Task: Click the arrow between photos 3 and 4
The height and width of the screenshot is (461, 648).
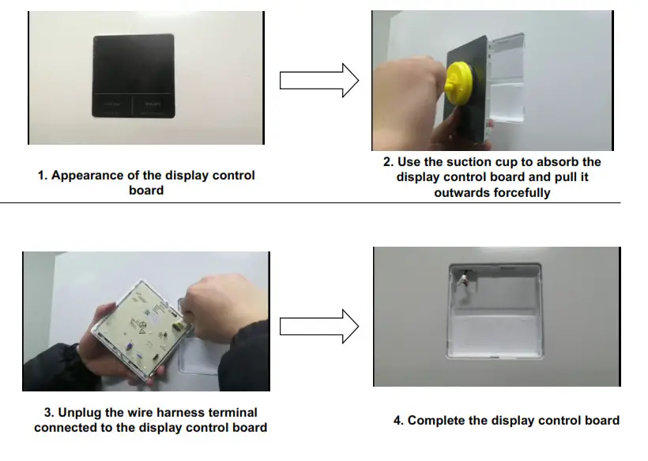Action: [319, 325]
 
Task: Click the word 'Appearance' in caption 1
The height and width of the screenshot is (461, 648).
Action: [86, 176]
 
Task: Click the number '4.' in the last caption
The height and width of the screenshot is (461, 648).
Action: [398, 420]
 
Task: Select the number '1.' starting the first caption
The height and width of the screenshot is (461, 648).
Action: [43, 176]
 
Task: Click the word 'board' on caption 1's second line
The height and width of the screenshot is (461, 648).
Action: [145, 191]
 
